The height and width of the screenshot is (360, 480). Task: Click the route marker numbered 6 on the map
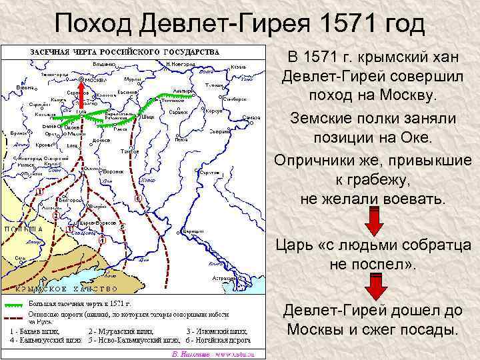coord(138,199)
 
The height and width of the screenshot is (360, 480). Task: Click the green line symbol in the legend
coord(14,305)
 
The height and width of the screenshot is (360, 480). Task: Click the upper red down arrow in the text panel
coord(374,221)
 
